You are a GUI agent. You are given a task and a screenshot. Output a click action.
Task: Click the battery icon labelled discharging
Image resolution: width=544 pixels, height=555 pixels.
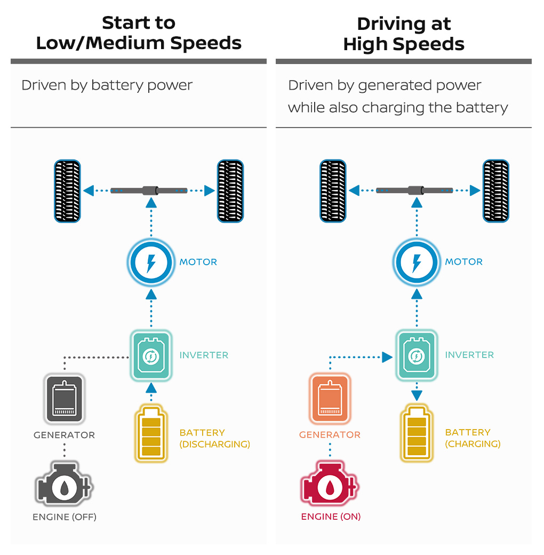[x=152, y=433]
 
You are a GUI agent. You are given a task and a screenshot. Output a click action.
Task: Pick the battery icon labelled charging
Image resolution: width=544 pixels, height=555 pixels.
[x=417, y=433]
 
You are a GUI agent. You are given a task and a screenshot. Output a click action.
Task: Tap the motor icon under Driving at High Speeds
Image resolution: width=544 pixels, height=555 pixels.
[x=417, y=263]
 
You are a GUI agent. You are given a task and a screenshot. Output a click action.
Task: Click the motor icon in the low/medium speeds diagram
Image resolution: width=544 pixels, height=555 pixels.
[x=151, y=263]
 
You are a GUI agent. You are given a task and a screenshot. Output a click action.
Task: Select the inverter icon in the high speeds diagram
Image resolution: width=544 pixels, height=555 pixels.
[x=417, y=355]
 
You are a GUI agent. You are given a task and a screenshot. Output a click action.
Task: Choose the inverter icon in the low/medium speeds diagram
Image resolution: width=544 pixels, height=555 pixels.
[x=151, y=355]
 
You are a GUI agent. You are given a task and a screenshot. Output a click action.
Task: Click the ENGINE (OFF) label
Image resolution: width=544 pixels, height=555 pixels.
[x=65, y=517]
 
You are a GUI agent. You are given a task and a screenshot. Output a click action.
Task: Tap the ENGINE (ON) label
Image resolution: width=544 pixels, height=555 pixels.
[x=331, y=517]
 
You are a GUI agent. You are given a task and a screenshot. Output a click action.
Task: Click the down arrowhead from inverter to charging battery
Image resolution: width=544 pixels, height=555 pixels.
[x=417, y=395]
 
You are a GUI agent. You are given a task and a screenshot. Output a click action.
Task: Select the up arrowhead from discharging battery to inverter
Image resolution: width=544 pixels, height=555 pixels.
[x=151, y=388]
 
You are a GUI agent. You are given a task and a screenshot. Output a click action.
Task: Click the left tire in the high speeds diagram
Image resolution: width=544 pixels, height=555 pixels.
[x=333, y=191]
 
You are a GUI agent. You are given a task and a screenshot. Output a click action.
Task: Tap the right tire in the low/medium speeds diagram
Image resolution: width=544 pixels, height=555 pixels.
[x=230, y=191]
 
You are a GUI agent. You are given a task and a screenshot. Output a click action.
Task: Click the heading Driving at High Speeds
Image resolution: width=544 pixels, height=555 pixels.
[x=404, y=34]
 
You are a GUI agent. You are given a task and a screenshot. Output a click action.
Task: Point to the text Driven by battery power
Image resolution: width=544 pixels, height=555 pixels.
[x=107, y=85]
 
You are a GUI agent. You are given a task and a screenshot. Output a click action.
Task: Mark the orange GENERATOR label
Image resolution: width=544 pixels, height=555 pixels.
[x=330, y=435]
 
